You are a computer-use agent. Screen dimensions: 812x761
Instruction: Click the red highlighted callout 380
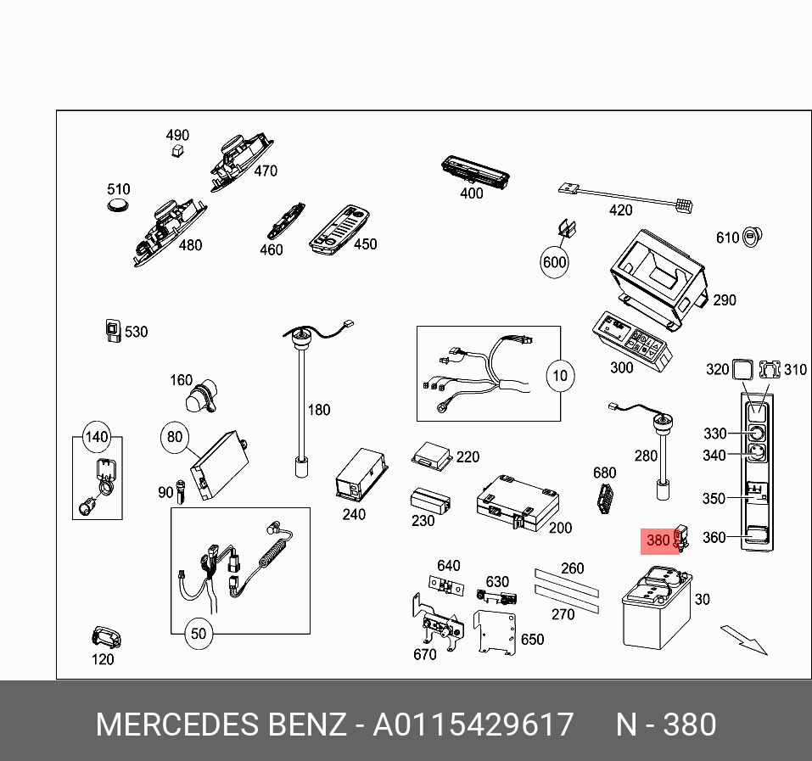[658, 540]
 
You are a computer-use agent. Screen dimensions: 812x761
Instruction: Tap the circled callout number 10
[559, 374]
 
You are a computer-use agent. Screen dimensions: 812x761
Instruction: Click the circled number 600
[554, 262]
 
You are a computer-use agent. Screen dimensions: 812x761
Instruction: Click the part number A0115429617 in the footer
[473, 725]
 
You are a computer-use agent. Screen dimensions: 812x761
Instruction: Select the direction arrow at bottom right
[744, 641]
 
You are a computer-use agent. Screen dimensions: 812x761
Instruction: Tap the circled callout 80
[174, 437]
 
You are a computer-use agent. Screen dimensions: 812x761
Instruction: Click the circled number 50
[198, 634]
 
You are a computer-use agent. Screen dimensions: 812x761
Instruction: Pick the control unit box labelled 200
[517, 503]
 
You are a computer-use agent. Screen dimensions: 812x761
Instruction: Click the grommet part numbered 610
[752, 237]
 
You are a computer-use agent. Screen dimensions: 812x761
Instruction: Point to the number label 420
[621, 210]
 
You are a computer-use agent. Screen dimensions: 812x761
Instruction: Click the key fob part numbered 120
[105, 636]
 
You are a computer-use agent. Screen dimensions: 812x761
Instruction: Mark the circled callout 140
[97, 438]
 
